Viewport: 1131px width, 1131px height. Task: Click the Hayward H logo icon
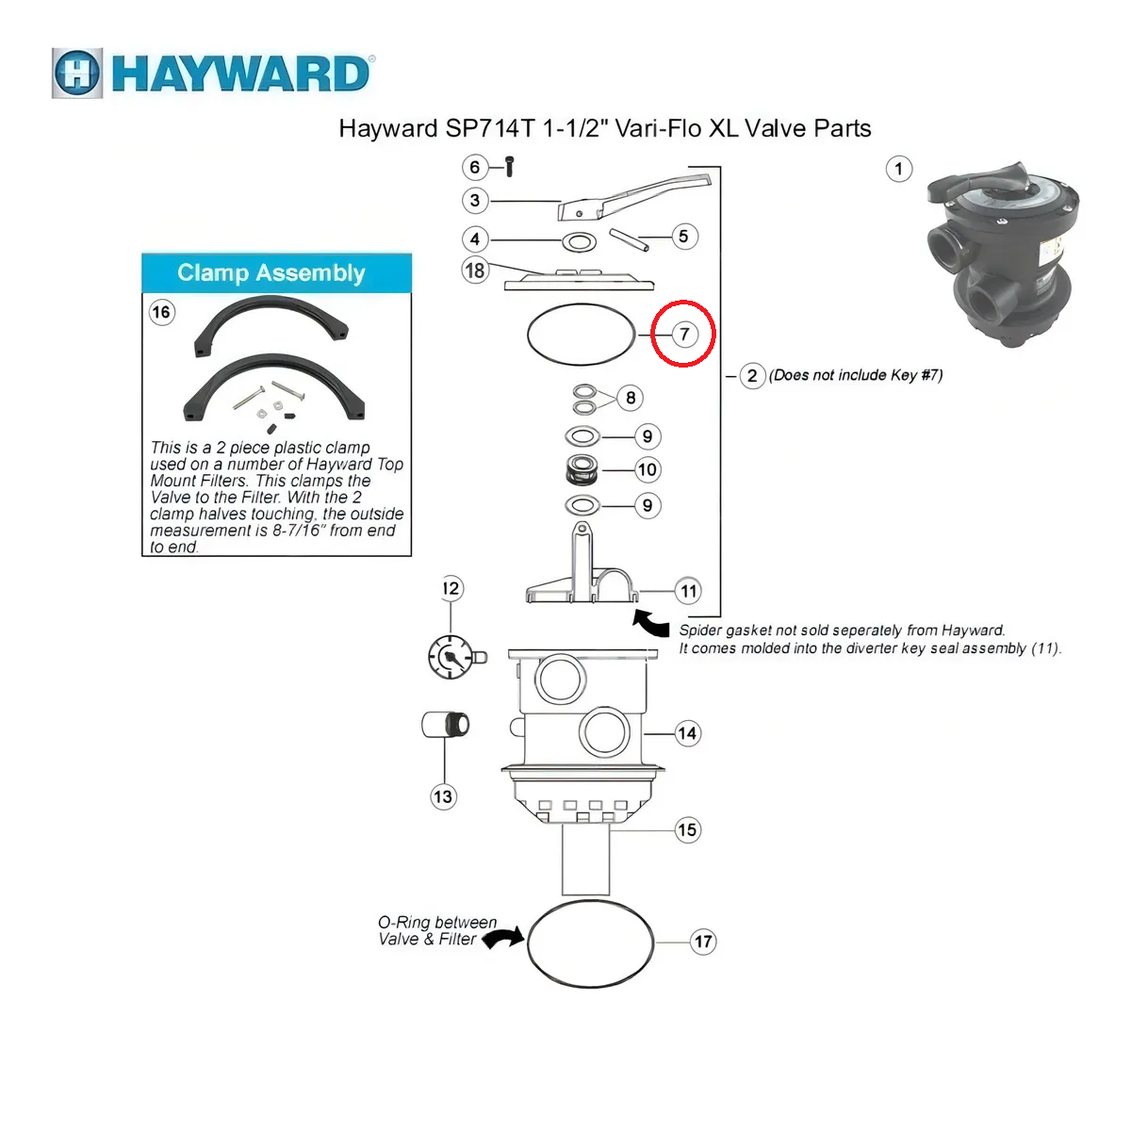coord(77,74)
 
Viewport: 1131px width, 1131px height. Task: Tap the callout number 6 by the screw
coord(474,167)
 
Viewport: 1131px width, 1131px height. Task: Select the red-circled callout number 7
coord(683,334)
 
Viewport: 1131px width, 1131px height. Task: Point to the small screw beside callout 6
coord(510,167)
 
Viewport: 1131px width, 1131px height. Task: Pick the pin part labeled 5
coord(630,239)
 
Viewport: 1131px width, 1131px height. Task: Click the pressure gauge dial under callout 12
coord(451,657)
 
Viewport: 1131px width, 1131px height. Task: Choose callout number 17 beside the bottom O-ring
coord(702,942)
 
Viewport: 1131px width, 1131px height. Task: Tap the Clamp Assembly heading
coord(271,272)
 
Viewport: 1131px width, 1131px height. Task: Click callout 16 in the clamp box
coord(161,312)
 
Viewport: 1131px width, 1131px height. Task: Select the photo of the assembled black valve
coord(1003,254)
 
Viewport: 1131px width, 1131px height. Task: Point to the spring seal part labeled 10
coord(582,469)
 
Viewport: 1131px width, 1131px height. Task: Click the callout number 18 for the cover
coord(475,270)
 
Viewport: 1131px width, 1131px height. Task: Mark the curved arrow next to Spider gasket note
coord(651,623)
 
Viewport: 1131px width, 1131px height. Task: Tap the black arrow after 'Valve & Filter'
coord(503,937)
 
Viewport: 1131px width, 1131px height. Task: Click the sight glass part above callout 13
coord(446,724)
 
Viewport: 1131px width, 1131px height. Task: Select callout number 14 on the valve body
coord(687,733)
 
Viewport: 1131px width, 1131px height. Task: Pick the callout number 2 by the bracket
coord(752,376)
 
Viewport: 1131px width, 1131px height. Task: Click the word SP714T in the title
coord(490,128)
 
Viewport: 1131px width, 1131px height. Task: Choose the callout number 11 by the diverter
coord(688,591)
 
